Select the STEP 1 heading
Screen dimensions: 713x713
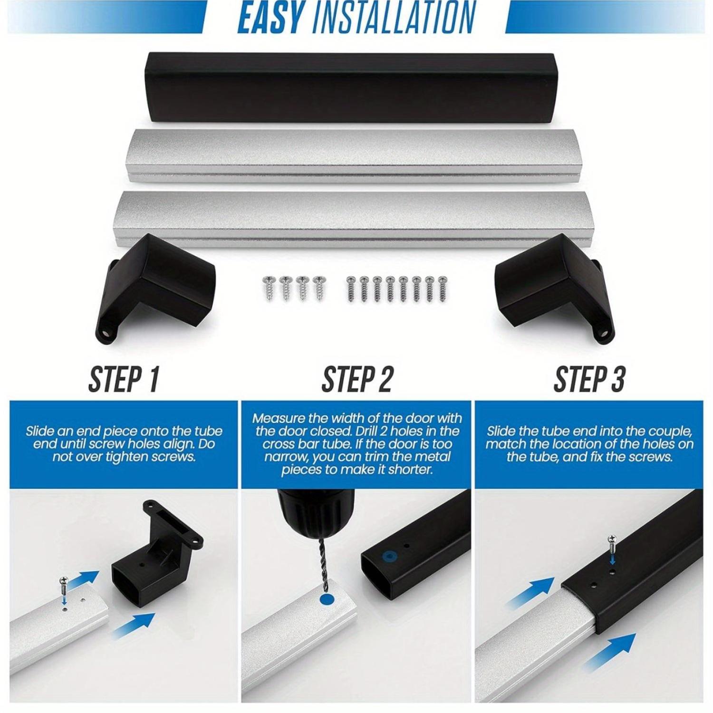click(123, 379)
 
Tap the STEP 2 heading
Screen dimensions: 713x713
click(357, 379)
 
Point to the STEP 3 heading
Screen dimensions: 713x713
click(589, 379)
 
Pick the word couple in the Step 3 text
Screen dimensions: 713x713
click(664, 432)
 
